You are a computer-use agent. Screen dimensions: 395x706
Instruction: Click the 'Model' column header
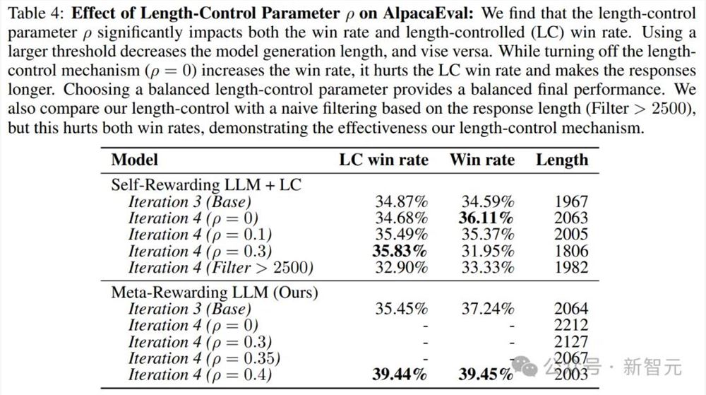[135, 160]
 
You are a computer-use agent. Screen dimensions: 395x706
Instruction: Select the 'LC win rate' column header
[383, 160]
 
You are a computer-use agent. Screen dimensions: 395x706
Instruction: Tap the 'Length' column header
[561, 160]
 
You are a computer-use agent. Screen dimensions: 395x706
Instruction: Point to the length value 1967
[570, 201]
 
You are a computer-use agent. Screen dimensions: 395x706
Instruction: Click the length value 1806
[570, 251]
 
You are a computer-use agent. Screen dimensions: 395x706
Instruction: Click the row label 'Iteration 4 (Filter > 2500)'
[220, 268]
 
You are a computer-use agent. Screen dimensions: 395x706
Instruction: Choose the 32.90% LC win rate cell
[400, 268]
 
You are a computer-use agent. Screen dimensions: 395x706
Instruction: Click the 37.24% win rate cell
[486, 309]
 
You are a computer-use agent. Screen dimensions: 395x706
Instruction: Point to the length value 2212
[570, 326]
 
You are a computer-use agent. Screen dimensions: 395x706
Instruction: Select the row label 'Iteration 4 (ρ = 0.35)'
[205, 358]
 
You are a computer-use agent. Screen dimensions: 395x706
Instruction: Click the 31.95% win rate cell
[486, 251]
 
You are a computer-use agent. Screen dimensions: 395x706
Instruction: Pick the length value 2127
[570, 342]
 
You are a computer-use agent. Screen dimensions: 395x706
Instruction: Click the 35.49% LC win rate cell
[400, 235]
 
